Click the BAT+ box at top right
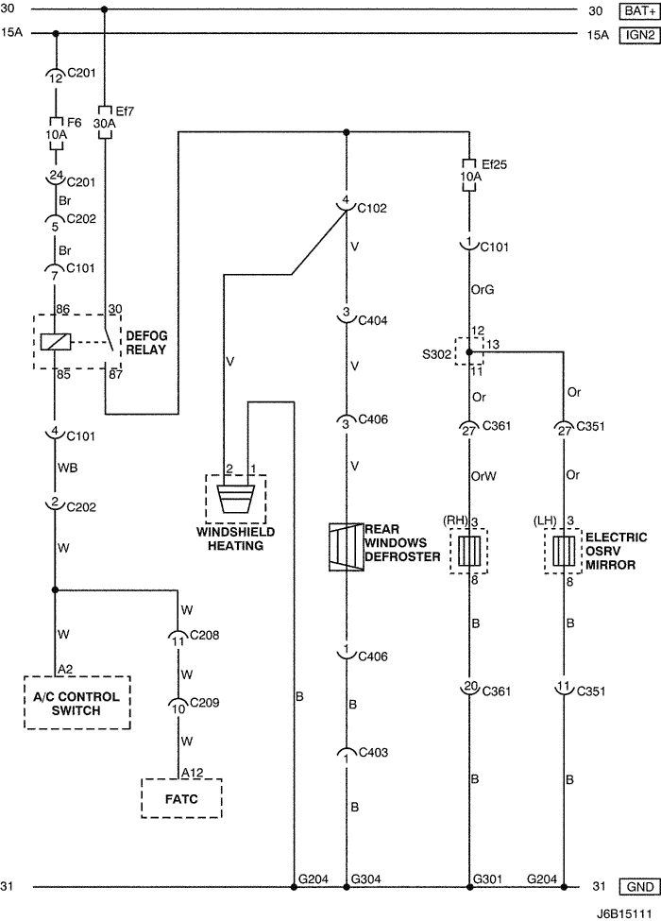636,11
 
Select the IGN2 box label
636,35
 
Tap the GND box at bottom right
636,887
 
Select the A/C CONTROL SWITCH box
76,703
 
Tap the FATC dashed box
181,797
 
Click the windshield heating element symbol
235,498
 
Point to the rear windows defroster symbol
346,547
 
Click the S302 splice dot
469,351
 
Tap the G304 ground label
365,878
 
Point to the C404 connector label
369,322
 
